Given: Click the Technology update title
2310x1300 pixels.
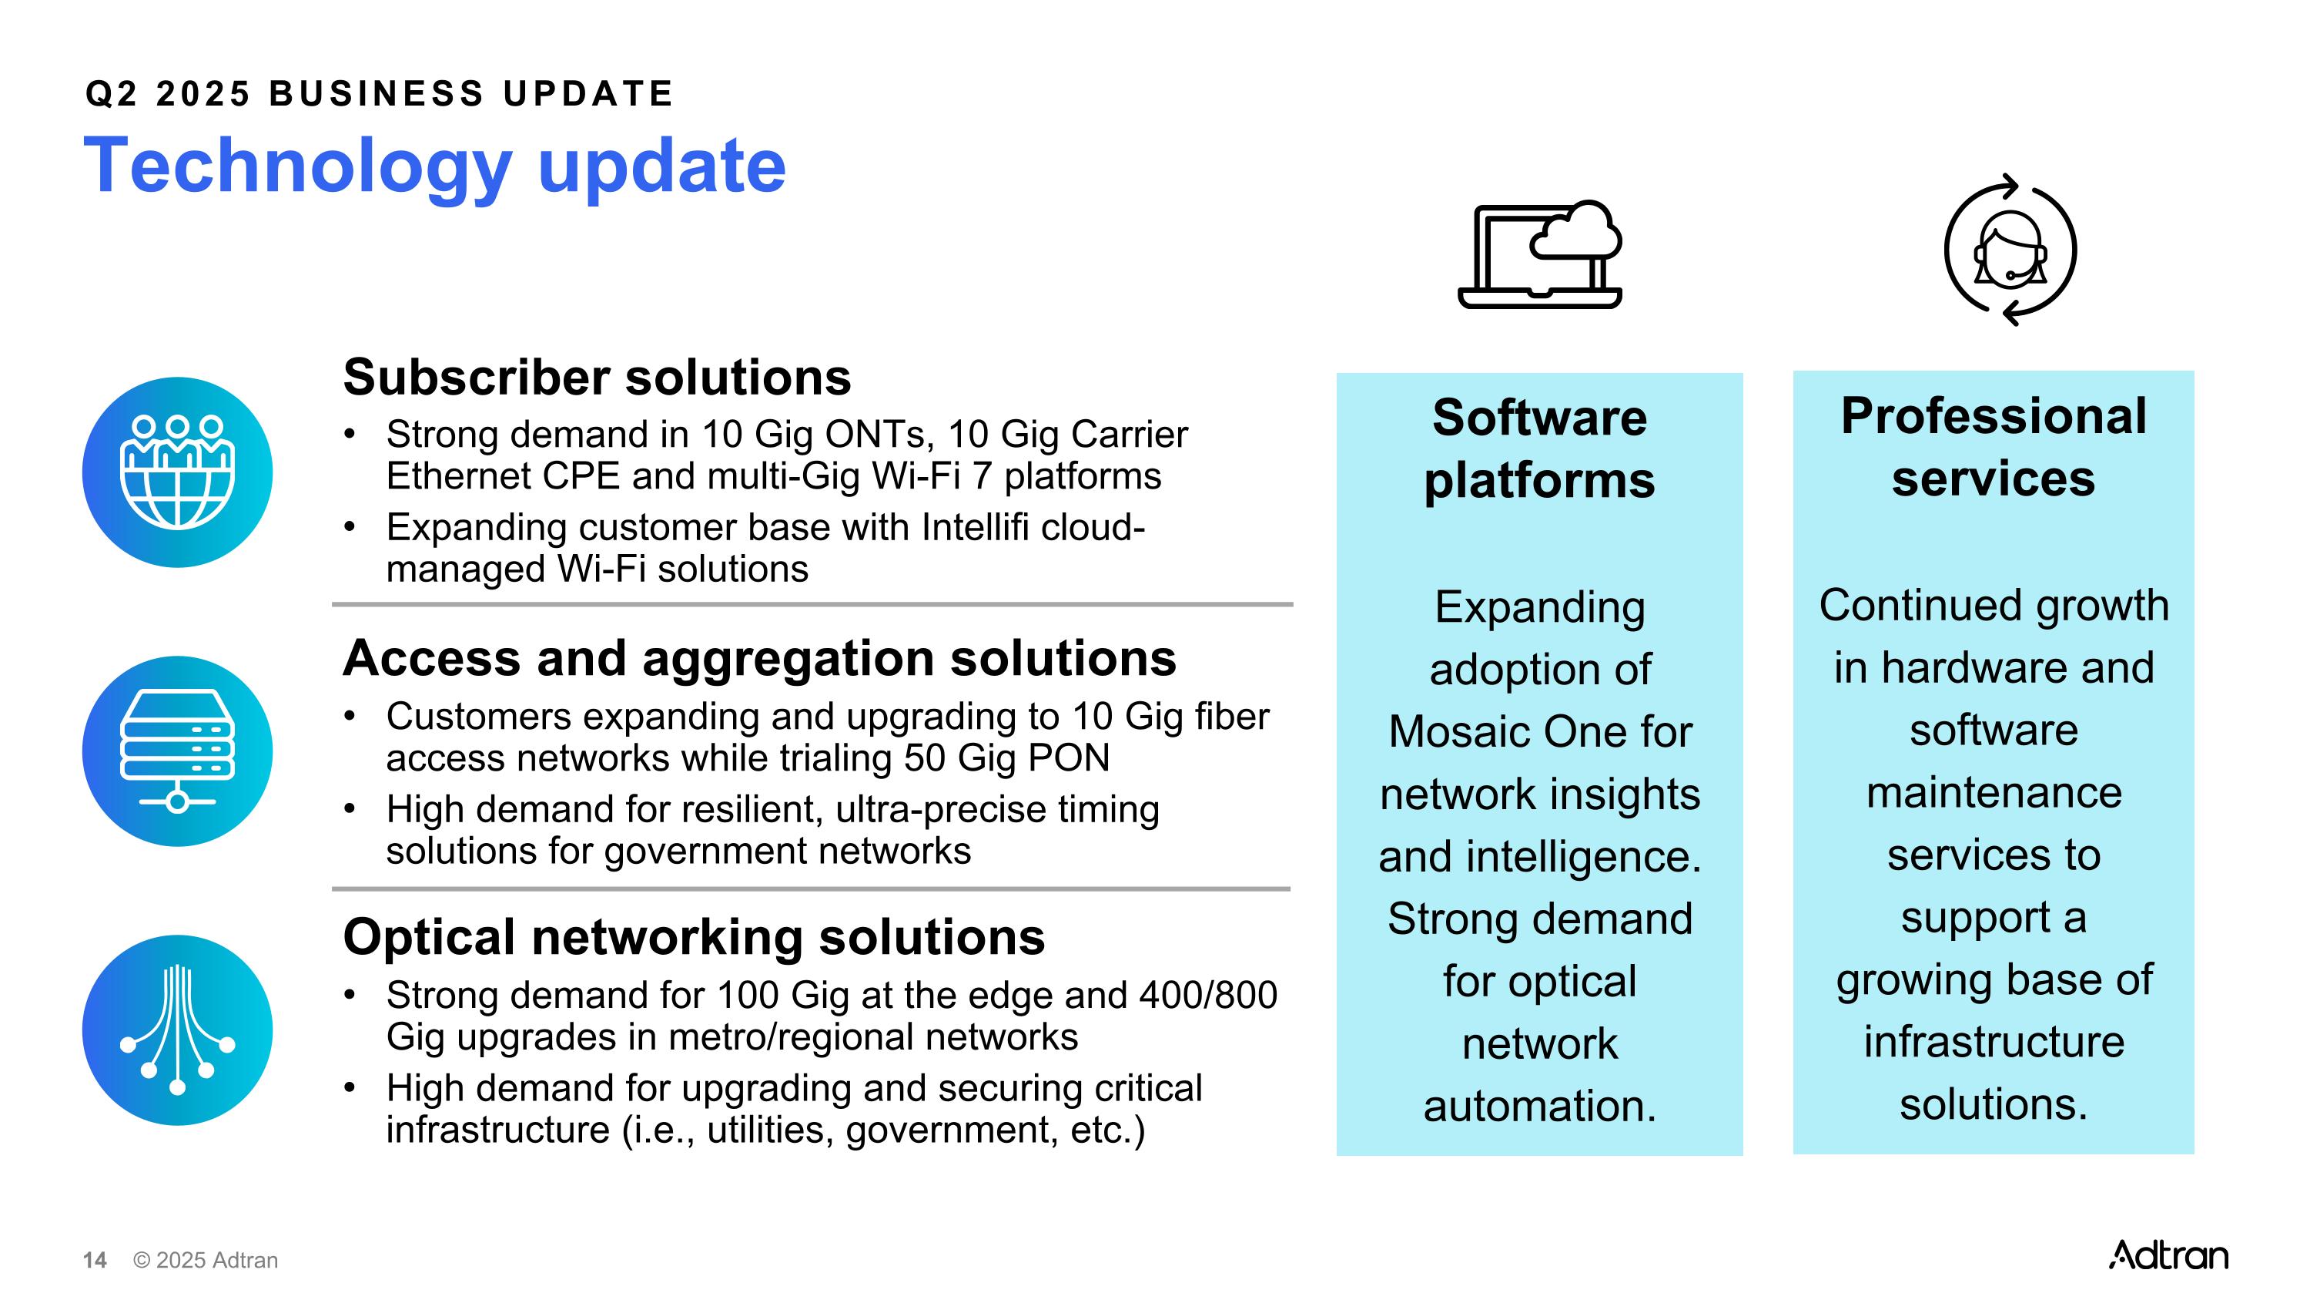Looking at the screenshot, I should coord(434,166).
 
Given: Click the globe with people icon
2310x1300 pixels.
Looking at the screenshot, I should coord(178,472).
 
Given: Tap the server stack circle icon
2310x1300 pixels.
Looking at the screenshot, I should coord(178,751).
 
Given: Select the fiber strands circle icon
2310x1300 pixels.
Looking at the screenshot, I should coord(178,1030).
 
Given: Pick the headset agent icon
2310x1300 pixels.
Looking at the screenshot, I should coord(2010,250).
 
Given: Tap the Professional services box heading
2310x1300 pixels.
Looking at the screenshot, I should coord(1993,447).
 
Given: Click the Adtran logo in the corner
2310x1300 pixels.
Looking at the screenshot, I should coord(2168,1255).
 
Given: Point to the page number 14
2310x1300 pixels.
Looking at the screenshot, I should coord(94,1261).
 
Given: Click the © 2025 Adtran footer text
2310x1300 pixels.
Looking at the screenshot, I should coord(206,1261).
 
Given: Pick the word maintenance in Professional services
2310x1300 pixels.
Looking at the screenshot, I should coord(1993,793).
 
